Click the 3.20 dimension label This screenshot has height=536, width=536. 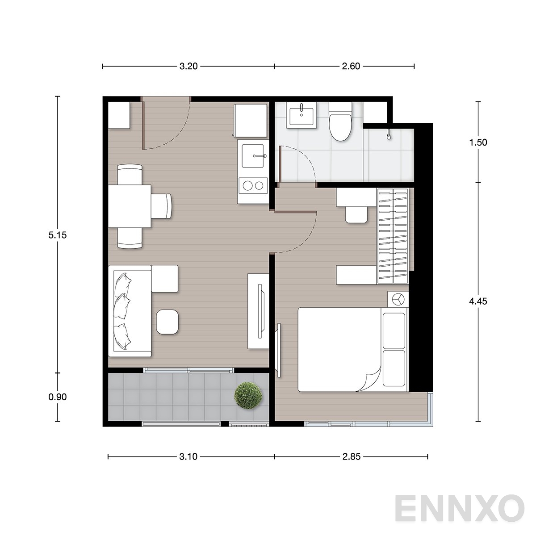(x=188, y=66)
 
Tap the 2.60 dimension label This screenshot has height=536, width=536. (x=351, y=66)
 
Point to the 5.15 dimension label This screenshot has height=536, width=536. (x=58, y=235)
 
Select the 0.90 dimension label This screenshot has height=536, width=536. (x=58, y=397)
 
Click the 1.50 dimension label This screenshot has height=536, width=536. (x=478, y=142)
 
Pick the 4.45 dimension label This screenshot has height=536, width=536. (x=478, y=301)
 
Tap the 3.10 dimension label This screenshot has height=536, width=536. (x=188, y=456)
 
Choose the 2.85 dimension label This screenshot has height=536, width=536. (x=352, y=456)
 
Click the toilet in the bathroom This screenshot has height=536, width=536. (x=340, y=122)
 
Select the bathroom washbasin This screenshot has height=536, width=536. (x=301, y=115)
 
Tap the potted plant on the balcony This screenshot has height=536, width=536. (x=248, y=396)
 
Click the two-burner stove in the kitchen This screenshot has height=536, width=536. (x=253, y=185)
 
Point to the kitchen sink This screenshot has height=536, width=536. (x=252, y=156)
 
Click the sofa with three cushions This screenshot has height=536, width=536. (x=130, y=311)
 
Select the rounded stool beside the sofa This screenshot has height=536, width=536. (x=167, y=322)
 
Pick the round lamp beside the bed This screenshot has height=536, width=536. (x=398, y=299)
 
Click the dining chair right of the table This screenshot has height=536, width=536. (x=162, y=206)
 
